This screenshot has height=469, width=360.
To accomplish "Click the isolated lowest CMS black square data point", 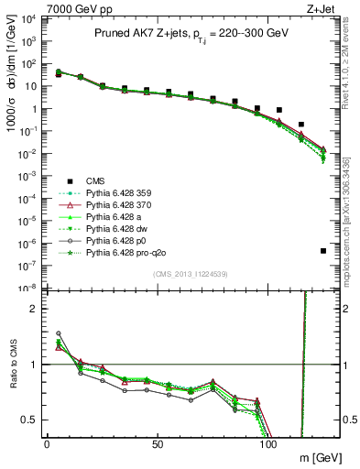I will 323,250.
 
